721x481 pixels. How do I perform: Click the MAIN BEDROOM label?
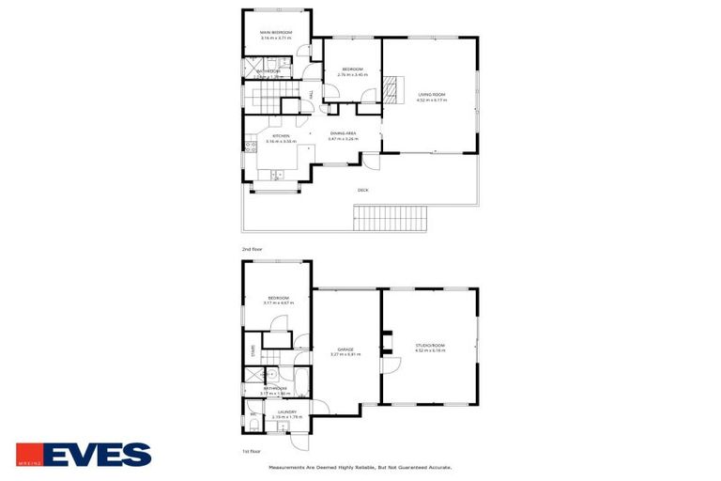point(276,33)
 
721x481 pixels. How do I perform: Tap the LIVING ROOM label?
point(432,94)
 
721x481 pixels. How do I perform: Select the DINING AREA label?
point(343,133)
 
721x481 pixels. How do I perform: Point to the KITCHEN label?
point(281,136)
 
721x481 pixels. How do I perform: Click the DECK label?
point(362,191)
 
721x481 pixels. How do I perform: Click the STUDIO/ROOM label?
point(431,346)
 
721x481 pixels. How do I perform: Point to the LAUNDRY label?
point(286,411)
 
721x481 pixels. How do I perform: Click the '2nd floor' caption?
point(252,249)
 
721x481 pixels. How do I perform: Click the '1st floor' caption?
point(252,450)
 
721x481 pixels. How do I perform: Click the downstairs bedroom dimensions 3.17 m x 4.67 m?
point(277,303)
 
